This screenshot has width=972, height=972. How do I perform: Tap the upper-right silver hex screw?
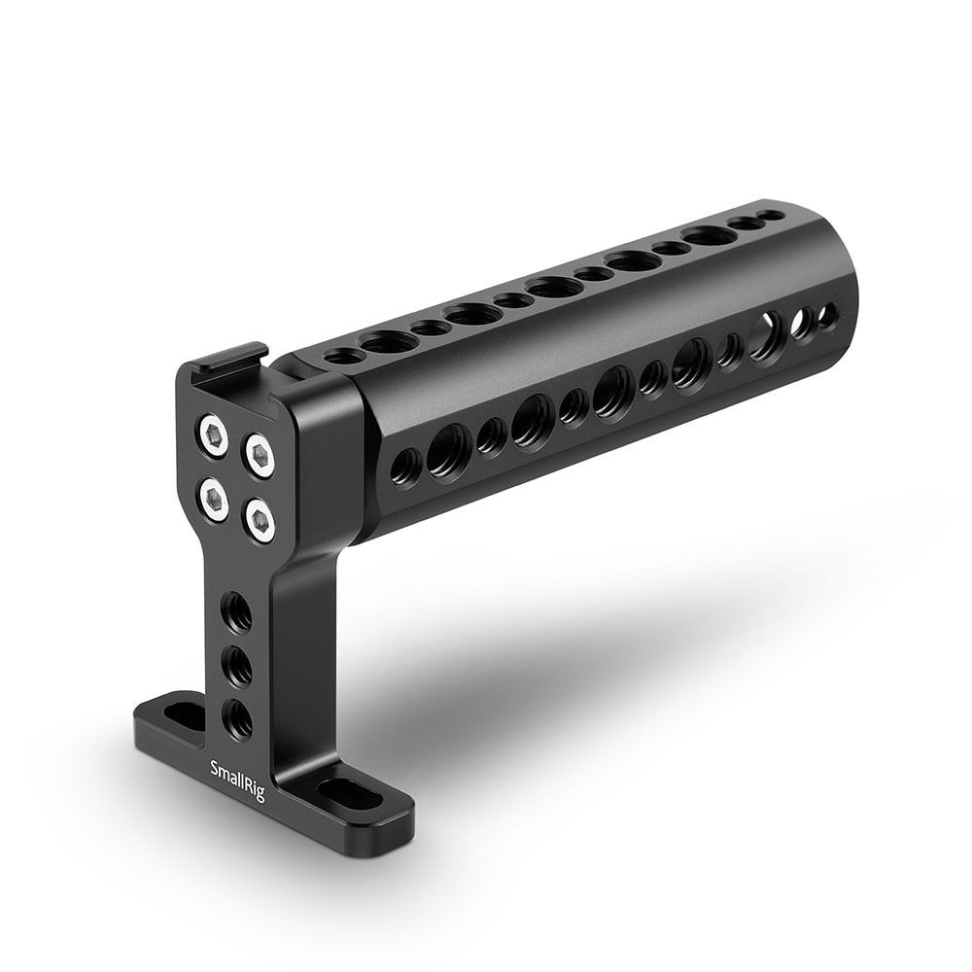click(x=259, y=452)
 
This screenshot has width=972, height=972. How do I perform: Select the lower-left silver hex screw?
click(x=213, y=498)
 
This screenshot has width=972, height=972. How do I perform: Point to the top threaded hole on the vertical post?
click(x=236, y=613)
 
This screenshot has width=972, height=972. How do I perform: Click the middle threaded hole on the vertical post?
click(x=236, y=667)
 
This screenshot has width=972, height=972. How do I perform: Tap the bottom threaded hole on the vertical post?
click(x=236, y=719)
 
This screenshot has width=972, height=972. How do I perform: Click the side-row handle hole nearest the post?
click(x=406, y=467)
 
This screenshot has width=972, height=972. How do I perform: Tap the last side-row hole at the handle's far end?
click(x=828, y=314)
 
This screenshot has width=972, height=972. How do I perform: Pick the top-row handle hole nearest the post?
click(x=338, y=357)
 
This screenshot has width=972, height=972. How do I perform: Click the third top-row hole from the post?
click(x=426, y=328)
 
